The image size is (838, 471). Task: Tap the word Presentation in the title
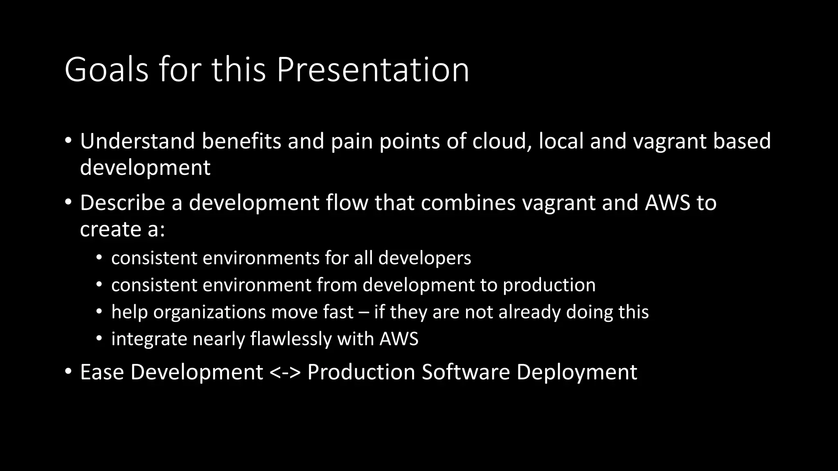point(373,70)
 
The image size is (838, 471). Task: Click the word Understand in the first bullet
point(137,141)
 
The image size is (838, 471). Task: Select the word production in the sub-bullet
point(549,285)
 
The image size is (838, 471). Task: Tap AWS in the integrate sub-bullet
point(399,339)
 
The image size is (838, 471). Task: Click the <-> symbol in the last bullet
point(285,372)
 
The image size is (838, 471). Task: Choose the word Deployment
point(577,372)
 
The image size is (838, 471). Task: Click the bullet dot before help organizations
point(99,312)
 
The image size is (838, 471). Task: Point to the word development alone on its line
point(145,168)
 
